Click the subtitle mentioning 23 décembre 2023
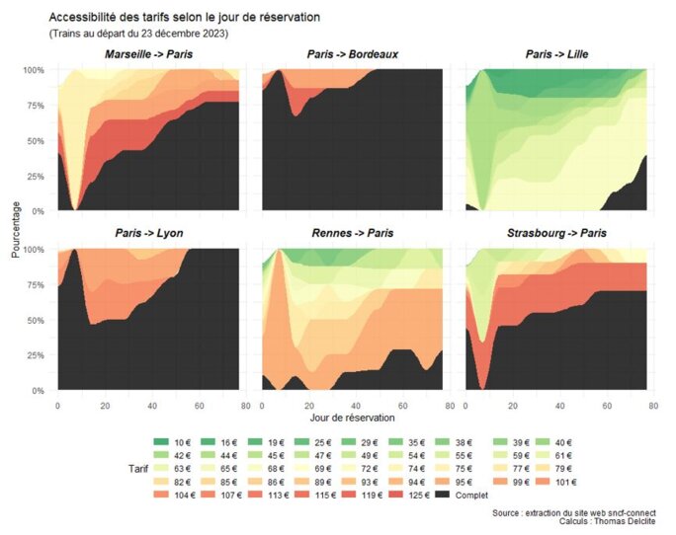(x=138, y=34)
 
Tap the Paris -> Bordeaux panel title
(x=353, y=54)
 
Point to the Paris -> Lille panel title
(x=556, y=54)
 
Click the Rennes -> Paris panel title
(x=353, y=234)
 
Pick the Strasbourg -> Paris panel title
(x=556, y=234)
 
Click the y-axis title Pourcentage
(x=15, y=229)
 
